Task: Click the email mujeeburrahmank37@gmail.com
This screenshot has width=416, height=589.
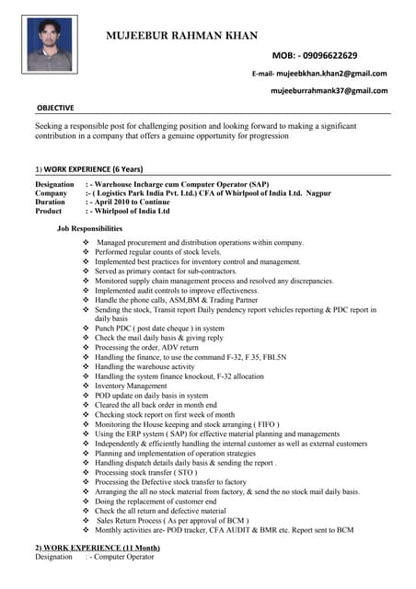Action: click(329, 91)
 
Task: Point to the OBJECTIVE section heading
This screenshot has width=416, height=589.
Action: click(54, 108)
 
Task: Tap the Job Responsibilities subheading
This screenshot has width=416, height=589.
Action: click(89, 227)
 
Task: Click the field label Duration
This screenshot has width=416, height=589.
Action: click(52, 202)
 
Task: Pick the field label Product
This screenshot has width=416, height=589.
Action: click(50, 211)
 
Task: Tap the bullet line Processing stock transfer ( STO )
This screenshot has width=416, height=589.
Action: click(147, 472)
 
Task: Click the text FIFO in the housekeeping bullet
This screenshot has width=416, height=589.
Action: click(264, 424)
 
